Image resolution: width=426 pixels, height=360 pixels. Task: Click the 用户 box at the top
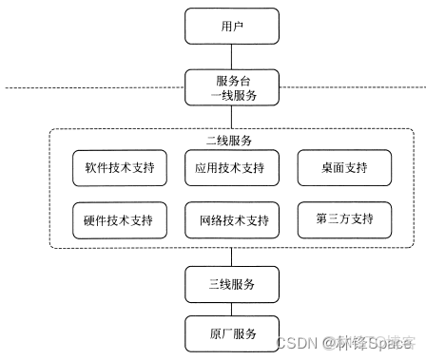pos(232,26)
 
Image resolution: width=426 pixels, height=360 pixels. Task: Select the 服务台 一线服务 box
pos(232,87)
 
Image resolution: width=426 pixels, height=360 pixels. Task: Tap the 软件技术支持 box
pos(119,169)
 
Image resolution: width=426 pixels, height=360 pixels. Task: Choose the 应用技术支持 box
pos(232,169)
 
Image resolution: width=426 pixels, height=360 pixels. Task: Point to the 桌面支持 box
pos(345,169)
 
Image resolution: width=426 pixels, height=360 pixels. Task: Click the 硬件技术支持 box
pos(119,220)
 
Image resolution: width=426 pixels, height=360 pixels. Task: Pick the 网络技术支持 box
pos(232,220)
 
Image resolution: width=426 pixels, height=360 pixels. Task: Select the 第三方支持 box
pos(345,220)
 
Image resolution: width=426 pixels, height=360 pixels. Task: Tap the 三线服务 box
pos(232,283)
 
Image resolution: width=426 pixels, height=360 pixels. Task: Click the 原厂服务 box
pos(232,333)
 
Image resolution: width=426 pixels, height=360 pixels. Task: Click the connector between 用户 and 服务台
pos(232,55)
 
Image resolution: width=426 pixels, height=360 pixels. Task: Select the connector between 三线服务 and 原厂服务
pos(232,308)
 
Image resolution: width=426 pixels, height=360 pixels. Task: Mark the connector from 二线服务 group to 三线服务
pos(232,256)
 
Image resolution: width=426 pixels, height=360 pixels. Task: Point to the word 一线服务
pos(232,96)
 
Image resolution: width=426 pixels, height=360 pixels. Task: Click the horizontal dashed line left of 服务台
pos(95,88)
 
